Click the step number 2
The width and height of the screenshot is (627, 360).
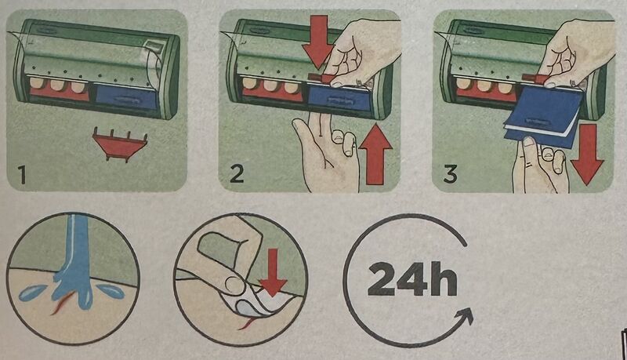(235, 174)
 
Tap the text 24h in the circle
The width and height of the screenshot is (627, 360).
(413, 280)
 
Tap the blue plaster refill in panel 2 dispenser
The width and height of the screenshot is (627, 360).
(339, 96)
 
